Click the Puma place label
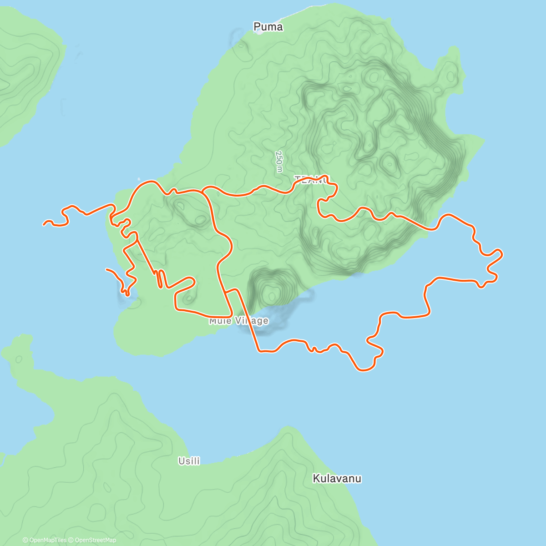(x=268, y=27)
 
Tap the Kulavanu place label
(x=337, y=478)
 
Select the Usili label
(x=189, y=461)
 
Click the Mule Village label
(x=238, y=321)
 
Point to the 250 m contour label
(x=279, y=162)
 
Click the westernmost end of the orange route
(x=44, y=224)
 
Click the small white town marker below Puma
(x=258, y=31)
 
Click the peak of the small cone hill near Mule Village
(x=273, y=293)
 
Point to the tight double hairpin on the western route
(x=159, y=278)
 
